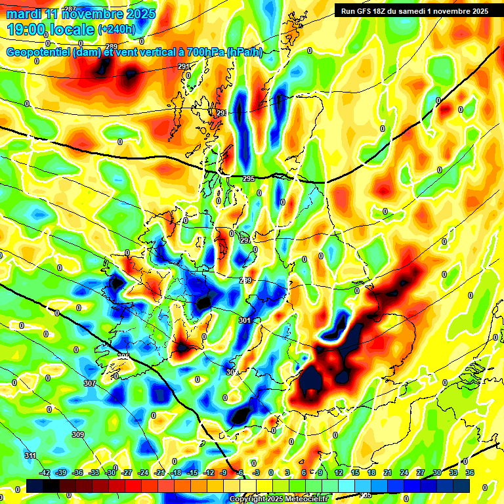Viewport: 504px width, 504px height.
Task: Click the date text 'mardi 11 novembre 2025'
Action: coord(81,14)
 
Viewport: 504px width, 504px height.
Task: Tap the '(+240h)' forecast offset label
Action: coord(117,29)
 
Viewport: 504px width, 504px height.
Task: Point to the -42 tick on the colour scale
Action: coord(45,472)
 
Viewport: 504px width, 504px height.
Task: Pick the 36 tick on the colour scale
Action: coord(470,472)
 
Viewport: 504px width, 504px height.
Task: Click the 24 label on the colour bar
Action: coord(404,472)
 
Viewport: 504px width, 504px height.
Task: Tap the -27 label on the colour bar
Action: coord(127,472)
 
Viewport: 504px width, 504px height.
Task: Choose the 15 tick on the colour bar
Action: coord(355,472)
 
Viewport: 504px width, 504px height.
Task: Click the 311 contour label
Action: coord(30,455)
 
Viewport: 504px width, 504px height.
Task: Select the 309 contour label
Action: coord(77,434)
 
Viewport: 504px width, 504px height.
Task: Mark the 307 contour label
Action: coord(90,383)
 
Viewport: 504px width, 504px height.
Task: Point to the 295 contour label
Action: coord(248,178)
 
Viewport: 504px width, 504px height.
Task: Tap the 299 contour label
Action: coord(245,280)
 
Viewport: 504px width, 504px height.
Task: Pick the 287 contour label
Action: coord(70,9)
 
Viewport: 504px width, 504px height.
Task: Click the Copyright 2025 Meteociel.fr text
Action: coord(278,499)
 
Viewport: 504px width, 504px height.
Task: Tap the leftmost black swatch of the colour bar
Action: coord(35,486)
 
